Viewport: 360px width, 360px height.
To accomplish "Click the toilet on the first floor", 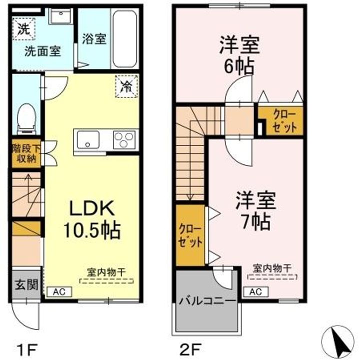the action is pyautogui.click(x=26, y=118).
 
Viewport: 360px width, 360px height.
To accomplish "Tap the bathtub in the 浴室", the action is pyautogui.click(x=124, y=38).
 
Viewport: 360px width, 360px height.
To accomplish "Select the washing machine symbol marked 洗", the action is pyautogui.click(x=23, y=29).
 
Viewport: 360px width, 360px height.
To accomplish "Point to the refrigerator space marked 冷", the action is pyautogui.click(x=126, y=86).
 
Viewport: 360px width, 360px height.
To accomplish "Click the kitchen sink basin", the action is pyautogui.click(x=88, y=139).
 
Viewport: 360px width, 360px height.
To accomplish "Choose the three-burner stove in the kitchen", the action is pyautogui.click(x=124, y=139).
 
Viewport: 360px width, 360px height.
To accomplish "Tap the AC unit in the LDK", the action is pyautogui.click(x=59, y=292).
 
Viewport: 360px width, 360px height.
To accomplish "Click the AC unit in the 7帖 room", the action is pyautogui.click(x=256, y=292).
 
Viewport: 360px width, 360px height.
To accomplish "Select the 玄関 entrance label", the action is pyautogui.click(x=26, y=284).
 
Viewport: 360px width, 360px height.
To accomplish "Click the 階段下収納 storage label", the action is pyautogui.click(x=26, y=153).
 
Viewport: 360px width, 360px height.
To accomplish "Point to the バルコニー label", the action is pyautogui.click(x=207, y=300).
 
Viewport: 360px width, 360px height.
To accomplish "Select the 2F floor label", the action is pyautogui.click(x=191, y=349).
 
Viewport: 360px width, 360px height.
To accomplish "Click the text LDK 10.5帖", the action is pyautogui.click(x=92, y=219).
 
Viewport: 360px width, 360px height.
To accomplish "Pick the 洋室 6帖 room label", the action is pyautogui.click(x=239, y=55).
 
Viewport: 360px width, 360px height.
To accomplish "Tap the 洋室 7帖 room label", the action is pyautogui.click(x=256, y=211).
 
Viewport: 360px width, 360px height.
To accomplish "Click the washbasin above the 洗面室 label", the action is pyautogui.click(x=60, y=15).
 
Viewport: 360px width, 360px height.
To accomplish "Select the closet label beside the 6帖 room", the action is pyautogui.click(x=284, y=121).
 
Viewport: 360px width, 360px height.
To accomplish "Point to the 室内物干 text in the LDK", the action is pyautogui.click(x=106, y=272).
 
